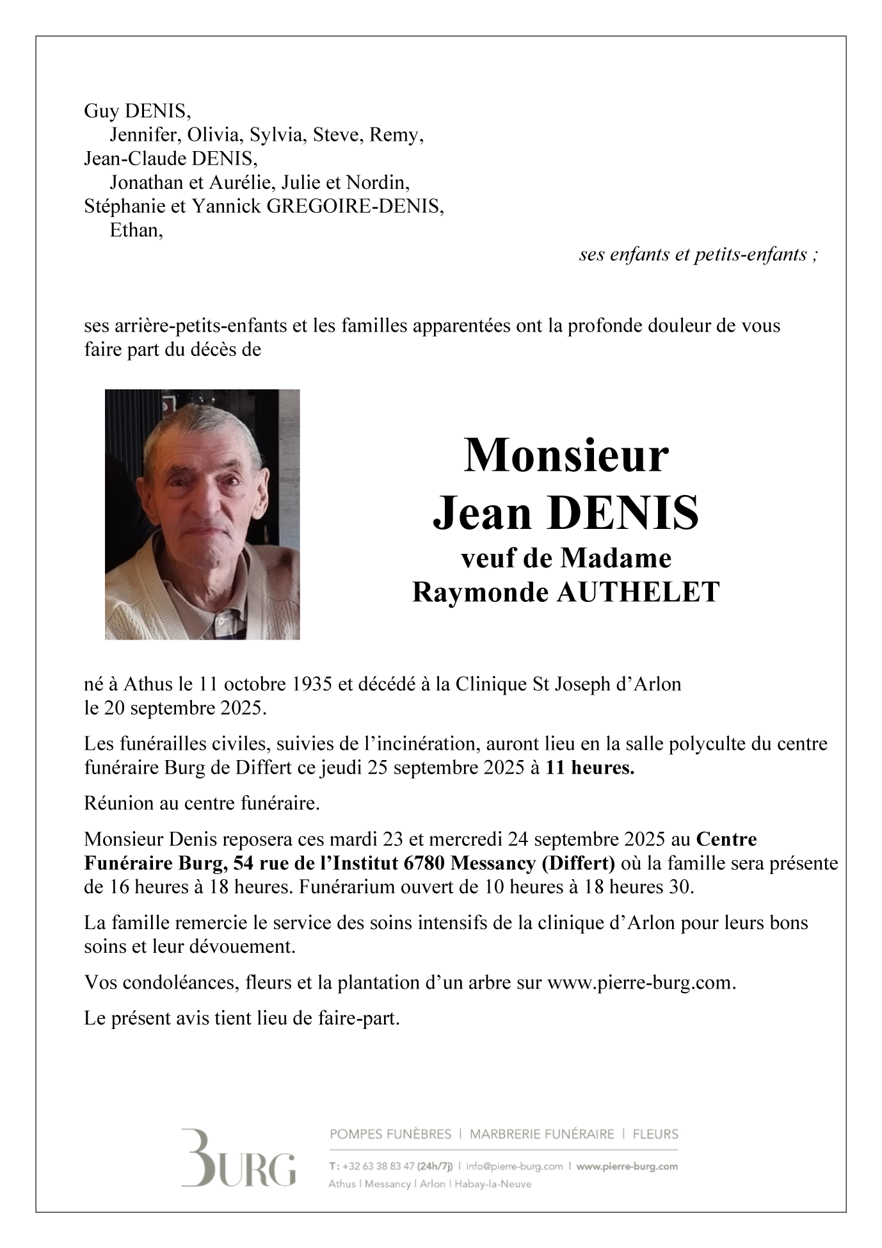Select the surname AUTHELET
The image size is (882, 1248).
(x=638, y=592)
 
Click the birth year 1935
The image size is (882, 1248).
(x=312, y=685)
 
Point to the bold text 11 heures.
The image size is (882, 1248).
(x=589, y=768)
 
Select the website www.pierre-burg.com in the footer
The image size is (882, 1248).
(x=627, y=1166)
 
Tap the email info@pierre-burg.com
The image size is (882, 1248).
(x=515, y=1166)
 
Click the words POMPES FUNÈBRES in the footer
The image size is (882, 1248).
(x=390, y=1134)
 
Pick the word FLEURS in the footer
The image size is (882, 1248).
(x=655, y=1134)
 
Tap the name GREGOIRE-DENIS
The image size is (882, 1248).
(x=353, y=206)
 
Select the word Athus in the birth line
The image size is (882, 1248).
(x=148, y=685)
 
